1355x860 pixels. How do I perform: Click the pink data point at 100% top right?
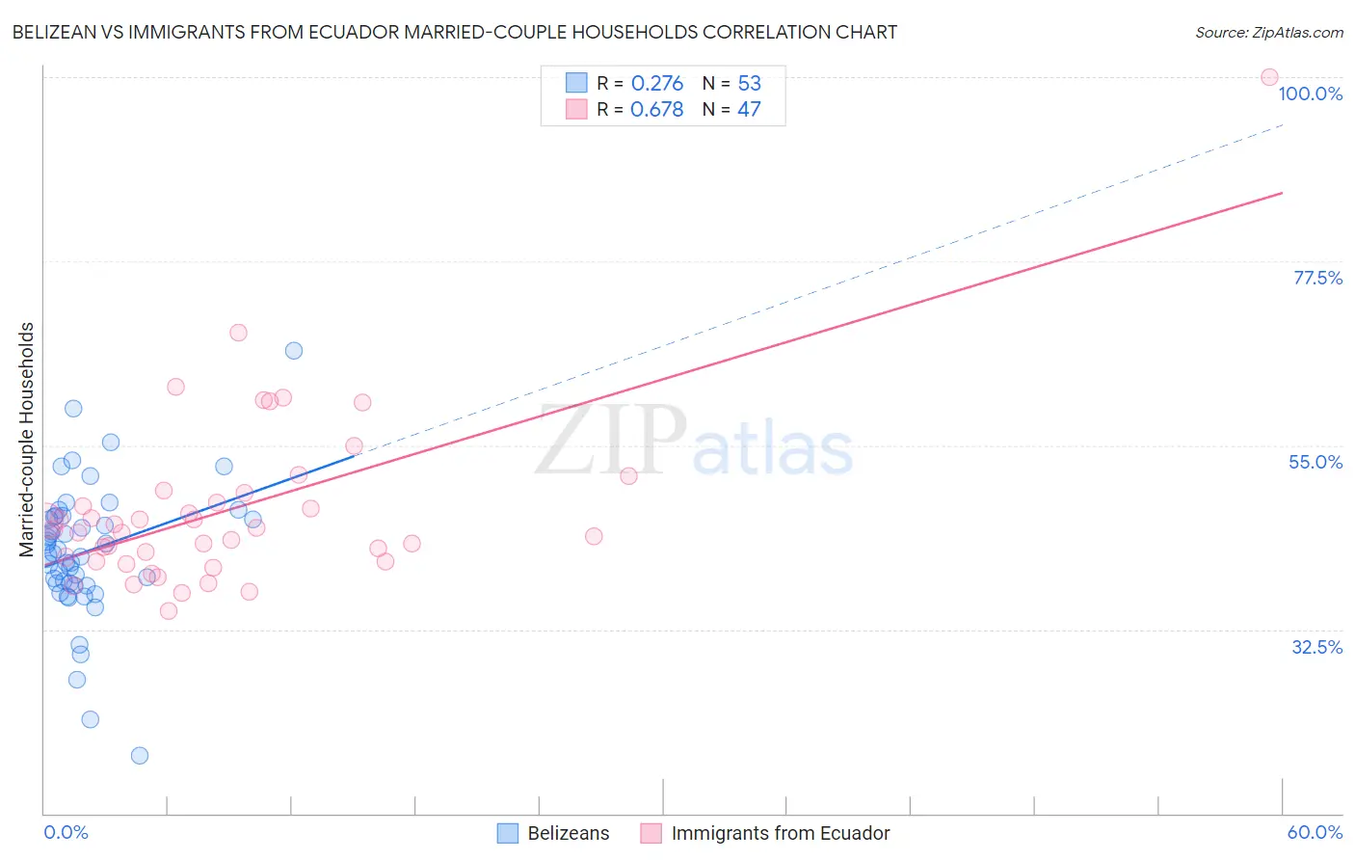point(1269,77)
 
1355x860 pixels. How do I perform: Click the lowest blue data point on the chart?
point(140,755)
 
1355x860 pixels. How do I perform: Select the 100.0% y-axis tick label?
point(1310,94)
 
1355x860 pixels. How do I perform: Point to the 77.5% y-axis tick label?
point(1317,278)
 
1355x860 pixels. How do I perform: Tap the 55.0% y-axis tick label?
point(1315,462)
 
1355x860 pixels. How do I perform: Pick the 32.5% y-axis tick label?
point(1316,647)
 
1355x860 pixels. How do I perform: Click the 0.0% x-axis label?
point(66,832)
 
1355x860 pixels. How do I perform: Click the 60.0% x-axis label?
point(1315,832)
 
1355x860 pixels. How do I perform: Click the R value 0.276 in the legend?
point(656,84)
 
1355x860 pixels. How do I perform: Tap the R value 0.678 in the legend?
point(656,110)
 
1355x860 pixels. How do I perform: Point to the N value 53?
point(749,84)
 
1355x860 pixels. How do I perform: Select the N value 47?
point(749,110)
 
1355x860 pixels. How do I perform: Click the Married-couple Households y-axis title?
point(27,439)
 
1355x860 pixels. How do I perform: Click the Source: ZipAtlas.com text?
point(1268,33)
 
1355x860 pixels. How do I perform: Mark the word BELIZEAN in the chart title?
point(55,33)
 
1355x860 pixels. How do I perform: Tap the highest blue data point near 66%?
point(294,350)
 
